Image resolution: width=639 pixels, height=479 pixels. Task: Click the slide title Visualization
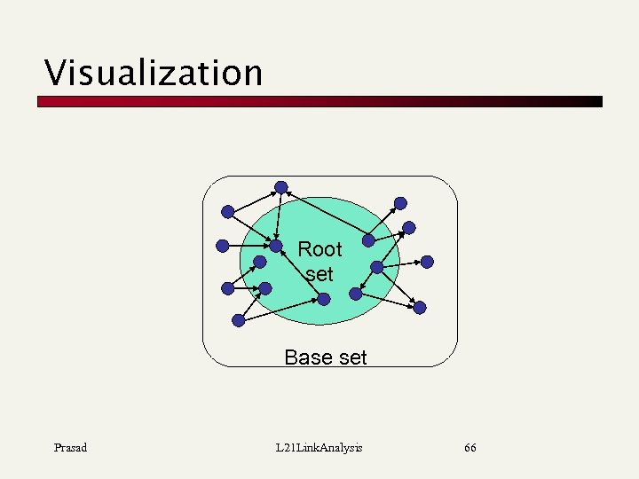tap(154, 73)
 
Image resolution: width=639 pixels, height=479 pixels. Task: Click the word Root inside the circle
tap(319, 249)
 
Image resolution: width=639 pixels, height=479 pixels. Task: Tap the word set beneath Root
tap(319, 274)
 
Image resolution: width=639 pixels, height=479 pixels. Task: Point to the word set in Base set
tap(351, 357)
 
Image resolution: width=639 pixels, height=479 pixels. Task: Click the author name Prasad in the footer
tap(70, 448)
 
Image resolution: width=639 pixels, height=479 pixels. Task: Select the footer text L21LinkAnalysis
tap(319, 448)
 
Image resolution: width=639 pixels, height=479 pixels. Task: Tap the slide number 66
tap(470, 448)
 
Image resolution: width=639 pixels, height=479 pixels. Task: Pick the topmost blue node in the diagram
tap(281, 187)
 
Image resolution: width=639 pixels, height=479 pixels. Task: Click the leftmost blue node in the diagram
tap(223, 246)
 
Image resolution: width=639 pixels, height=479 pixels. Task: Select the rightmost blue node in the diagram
tap(427, 262)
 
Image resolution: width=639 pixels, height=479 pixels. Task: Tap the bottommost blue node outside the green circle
tap(238, 320)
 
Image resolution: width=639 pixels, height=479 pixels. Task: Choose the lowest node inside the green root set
tap(324, 299)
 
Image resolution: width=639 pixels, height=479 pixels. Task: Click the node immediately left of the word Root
tap(276, 246)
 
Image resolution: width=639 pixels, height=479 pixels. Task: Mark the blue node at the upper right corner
tap(401, 203)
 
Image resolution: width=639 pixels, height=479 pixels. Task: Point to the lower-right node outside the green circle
tap(420, 307)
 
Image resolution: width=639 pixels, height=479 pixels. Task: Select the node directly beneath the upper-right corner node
tap(408, 227)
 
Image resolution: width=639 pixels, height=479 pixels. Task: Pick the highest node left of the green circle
tap(228, 212)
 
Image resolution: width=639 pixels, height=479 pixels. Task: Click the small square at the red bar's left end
tap(41, 102)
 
